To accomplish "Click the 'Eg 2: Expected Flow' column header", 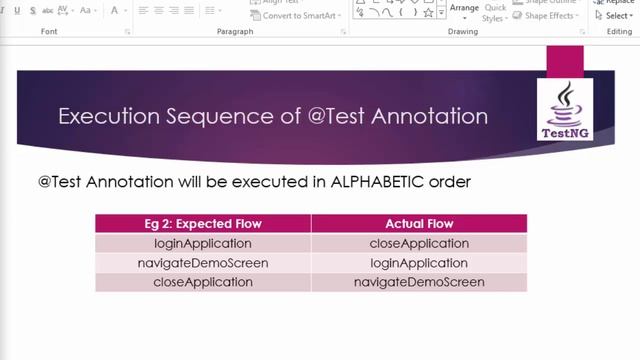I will coord(203,224).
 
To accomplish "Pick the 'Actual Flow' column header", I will coord(419,224).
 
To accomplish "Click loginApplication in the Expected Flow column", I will coord(203,243).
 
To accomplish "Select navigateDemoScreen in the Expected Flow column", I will coord(203,263).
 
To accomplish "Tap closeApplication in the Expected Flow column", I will coord(203,282).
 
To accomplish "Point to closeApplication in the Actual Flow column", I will coord(419,243).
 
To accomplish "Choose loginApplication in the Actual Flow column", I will coord(419,263).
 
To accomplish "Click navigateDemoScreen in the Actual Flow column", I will coord(419,282).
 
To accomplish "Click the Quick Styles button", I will coord(494,12).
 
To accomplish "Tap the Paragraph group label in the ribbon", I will coord(235,32).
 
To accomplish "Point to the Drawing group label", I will coord(463,32).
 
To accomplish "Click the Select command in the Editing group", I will coord(617,16).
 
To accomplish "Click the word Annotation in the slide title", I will coord(430,116).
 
